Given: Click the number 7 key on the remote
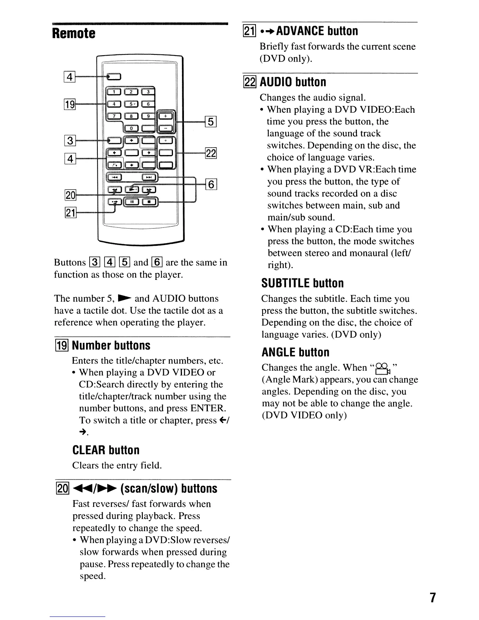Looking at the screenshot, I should tap(114, 116).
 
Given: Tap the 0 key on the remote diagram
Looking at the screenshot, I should tap(131, 128).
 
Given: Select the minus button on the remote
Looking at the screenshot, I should tap(166, 128).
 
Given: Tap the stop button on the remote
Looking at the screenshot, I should tap(149, 202).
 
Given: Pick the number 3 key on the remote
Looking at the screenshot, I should tap(148, 92).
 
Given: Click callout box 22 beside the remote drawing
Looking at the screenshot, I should tap(211, 153).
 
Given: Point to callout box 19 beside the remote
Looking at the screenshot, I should tap(69, 105).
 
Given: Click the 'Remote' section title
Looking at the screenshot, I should tap(74, 33).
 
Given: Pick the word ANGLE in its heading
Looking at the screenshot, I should tap(278, 352).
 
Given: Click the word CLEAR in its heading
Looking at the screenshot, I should tap(88, 450).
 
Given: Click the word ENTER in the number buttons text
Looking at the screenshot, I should tap(207, 408).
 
